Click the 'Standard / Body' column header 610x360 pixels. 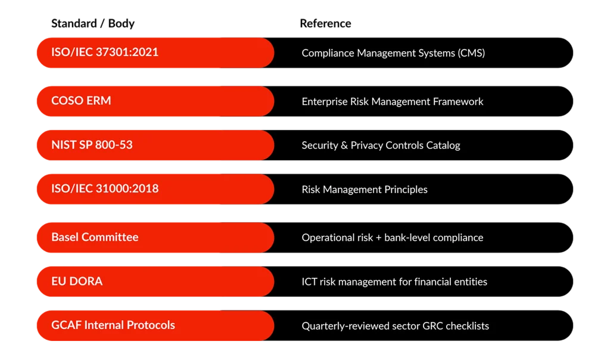(x=93, y=24)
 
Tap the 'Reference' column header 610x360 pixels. (x=325, y=23)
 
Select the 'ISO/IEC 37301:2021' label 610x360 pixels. (x=105, y=52)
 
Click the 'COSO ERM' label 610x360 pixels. (x=81, y=100)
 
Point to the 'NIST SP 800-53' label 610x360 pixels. (x=92, y=145)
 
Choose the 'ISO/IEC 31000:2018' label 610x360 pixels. (x=105, y=189)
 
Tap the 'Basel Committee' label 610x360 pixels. (x=95, y=237)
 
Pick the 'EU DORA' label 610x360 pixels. (x=77, y=281)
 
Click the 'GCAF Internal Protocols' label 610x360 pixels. (x=113, y=325)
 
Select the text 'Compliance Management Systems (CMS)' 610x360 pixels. (x=393, y=53)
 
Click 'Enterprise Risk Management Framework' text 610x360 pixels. (x=393, y=101)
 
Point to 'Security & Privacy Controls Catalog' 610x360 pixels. (x=381, y=145)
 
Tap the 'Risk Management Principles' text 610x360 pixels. (x=365, y=190)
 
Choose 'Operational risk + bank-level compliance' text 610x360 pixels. (x=393, y=238)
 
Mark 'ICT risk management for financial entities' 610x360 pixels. (x=394, y=282)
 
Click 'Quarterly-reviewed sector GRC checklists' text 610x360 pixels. (x=396, y=326)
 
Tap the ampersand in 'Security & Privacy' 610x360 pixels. (x=344, y=145)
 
